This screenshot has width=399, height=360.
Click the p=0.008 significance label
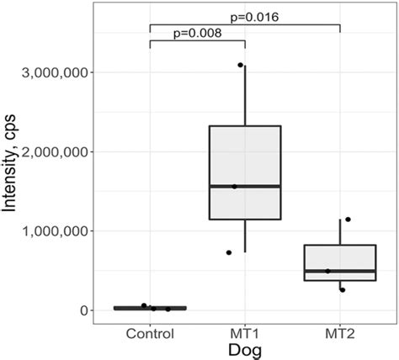(196, 34)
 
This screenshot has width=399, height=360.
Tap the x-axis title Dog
(245, 350)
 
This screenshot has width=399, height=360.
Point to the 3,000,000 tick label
(72, 73)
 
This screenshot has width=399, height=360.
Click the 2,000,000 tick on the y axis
(72, 152)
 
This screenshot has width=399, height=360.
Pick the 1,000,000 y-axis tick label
(72, 231)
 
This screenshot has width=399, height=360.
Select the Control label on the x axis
(150, 332)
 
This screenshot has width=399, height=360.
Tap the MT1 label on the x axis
(245, 332)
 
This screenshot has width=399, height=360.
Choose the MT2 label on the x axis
(340, 332)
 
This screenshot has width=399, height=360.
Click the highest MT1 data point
(240, 65)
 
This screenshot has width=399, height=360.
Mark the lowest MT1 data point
(229, 252)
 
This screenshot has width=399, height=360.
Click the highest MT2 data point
(348, 220)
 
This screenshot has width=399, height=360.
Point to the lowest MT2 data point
(342, 290)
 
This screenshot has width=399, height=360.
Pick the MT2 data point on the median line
(327, 271)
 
